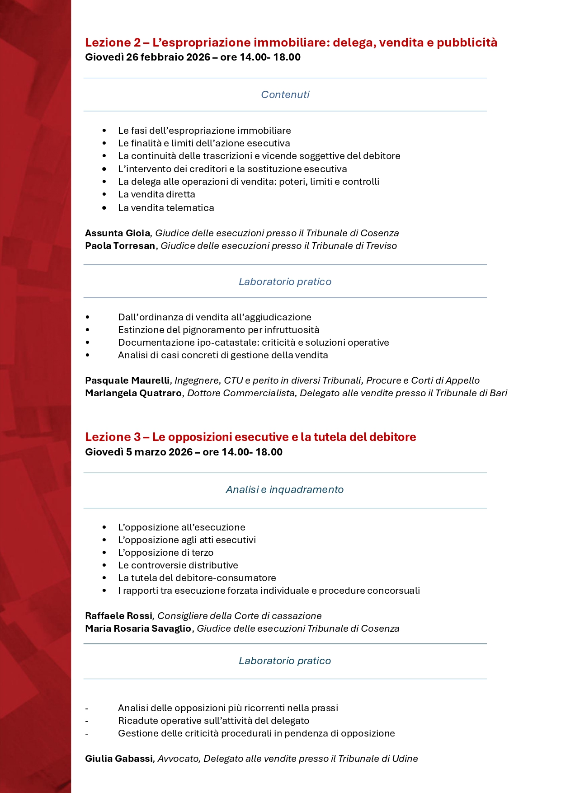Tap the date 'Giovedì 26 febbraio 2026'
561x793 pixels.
147,57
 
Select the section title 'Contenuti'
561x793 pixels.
285,94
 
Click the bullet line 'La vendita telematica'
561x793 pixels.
166,208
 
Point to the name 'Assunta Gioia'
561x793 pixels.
118,233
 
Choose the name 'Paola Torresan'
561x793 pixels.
120,246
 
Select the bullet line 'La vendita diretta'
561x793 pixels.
156,194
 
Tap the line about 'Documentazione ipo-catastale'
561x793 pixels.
253,343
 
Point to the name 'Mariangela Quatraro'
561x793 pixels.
133,393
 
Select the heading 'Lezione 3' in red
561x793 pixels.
113,437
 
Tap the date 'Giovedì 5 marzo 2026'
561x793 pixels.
139,452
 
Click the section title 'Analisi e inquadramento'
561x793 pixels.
285,489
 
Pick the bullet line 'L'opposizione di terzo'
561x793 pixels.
165,553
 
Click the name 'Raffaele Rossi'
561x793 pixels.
119,616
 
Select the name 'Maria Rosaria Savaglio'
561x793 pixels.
138,629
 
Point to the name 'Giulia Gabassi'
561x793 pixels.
119,759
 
